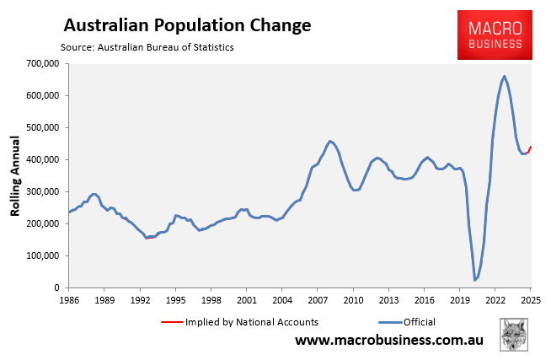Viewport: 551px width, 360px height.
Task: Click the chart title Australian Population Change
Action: pos(188,25)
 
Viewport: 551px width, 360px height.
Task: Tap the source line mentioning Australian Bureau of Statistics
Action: pos(147,47)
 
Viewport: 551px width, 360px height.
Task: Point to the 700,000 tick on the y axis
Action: pos(43,63)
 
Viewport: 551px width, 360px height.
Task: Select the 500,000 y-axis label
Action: pos(43,127)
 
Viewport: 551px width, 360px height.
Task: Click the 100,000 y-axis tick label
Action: pos(43,255)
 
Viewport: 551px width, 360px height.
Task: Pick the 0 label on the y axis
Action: pos(56,287)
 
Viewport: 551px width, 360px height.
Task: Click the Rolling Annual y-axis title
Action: pos(15,175)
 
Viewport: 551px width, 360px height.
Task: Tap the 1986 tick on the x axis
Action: pos(69,299)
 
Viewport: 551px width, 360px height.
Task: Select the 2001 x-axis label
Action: pos(246,299)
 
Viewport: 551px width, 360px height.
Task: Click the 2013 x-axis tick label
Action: pos(388,299)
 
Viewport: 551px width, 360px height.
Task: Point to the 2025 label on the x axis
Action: pos(530,299)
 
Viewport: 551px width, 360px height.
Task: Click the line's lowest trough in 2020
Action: pos(474,279)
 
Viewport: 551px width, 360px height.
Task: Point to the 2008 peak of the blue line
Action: pos(329,141)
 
